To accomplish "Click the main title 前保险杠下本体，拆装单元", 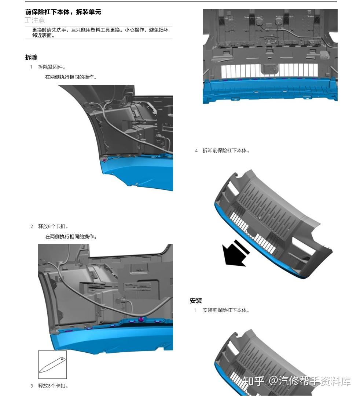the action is click(x=63, y=12).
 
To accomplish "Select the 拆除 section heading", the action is click(x=31, y=57).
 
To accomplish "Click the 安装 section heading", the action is click(x=196, y=301).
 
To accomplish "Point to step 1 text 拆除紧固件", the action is click(x=52, y=67).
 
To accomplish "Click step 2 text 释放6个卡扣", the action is click(x=53, y=226).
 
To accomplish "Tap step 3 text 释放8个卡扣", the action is click(x=53, y=386).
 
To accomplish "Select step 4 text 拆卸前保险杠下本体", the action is click(x=226, y=150).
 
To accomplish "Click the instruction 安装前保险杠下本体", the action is click(x=226, y=310).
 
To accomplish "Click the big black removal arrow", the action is click(x=236, y=254).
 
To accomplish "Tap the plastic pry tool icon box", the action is click(x=52, y=364).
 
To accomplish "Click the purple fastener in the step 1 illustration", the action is click(x=104, y=160).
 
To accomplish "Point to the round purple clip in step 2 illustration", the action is click(x=141, y=320).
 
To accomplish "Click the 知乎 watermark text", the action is click(x=253, y=381).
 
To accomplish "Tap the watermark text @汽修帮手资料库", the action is click(x=310, y=381).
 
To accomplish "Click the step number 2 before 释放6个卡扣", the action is click(x=32, y=226).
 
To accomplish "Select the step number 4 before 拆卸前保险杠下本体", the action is click(x=196, y=151).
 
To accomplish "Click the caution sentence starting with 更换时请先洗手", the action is click(x=100, y=33).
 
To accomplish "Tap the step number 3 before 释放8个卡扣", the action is click(x=32, y=386).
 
